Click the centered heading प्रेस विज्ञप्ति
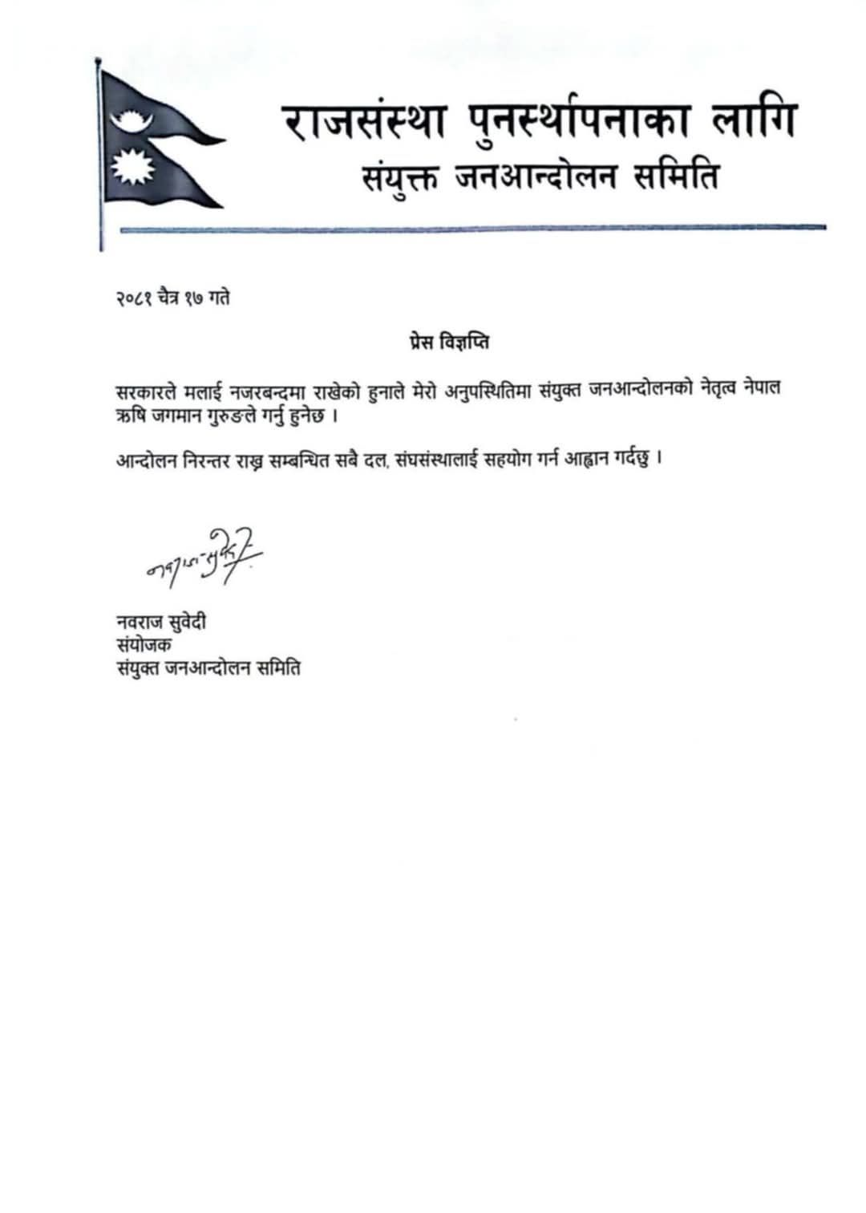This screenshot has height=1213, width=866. pyautogui.click(x=445, y=343)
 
